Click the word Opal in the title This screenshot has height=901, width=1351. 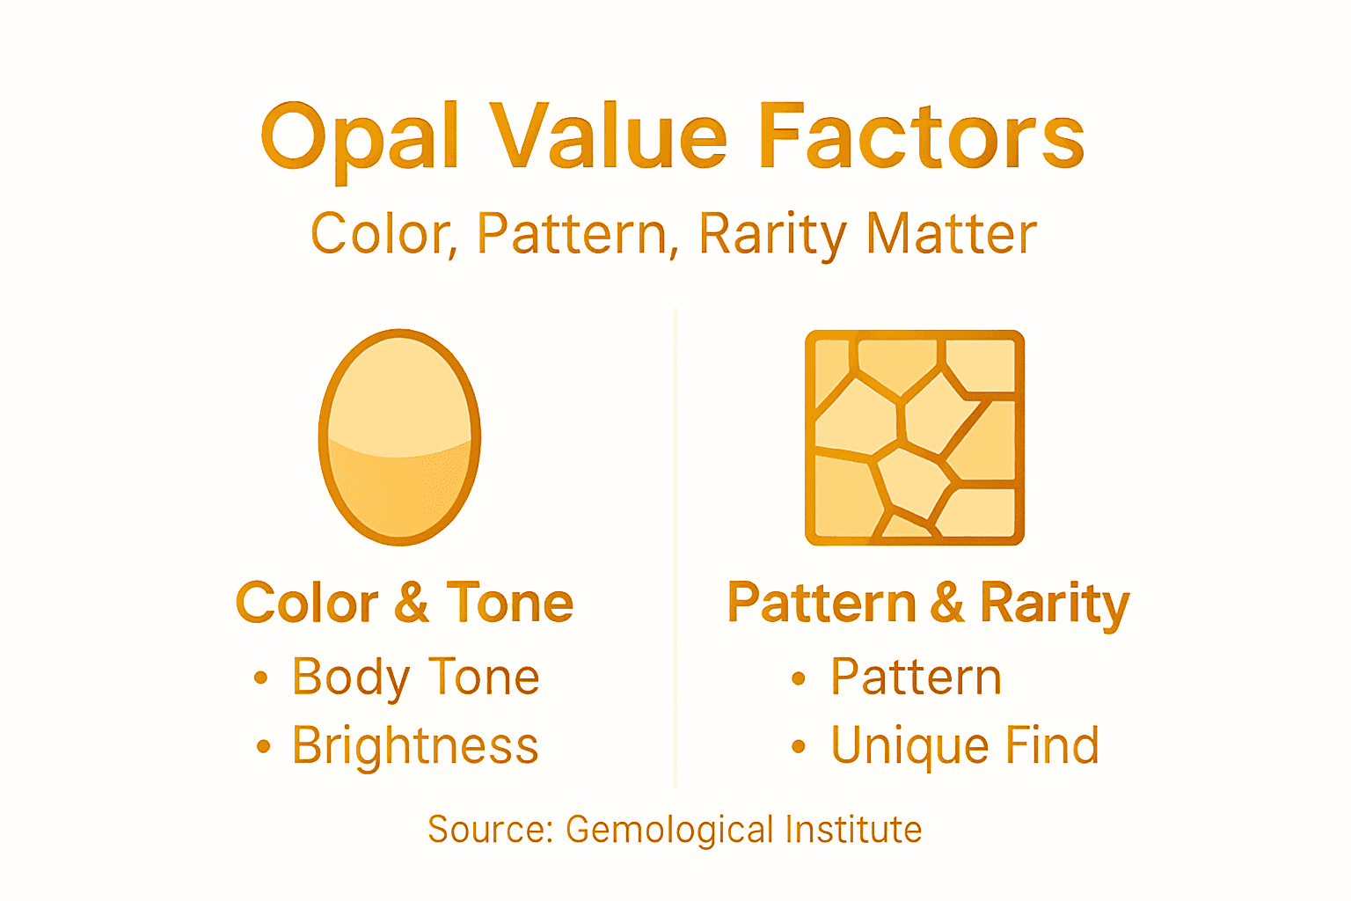tap(360, 139)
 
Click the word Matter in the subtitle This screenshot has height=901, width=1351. tap(952, 234)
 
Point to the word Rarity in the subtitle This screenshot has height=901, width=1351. tap(771, 236)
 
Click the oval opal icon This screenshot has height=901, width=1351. tap(399, 437)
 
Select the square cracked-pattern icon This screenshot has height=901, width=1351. tap(915, 437)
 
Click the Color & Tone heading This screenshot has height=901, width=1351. tap(405, 604)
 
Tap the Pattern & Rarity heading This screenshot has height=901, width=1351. tap(928, 604)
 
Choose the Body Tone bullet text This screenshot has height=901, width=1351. tap(415, 678)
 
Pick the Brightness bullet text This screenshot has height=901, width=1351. tap(415, 746)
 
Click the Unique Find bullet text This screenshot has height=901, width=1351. tap(965, 746)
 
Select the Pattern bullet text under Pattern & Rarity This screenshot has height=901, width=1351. tap(916, 678)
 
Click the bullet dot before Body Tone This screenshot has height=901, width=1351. tap(260, 678)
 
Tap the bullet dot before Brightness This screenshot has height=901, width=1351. tap(263, 747)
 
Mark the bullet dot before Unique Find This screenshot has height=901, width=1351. tap(798, 747)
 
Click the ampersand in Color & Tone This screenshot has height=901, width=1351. tap(412, 604)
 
